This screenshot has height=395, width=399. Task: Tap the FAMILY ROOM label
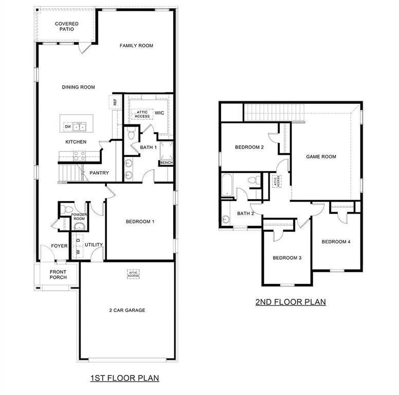(x=136, y=46)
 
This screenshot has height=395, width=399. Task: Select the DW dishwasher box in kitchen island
(x=67, y=126)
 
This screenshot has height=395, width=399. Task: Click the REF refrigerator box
(x=116, y=102)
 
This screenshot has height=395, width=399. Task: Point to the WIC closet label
(x=159, y=113)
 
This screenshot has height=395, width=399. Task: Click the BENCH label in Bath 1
(x=167, y=163)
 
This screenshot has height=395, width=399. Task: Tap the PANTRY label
(x=99, y=173)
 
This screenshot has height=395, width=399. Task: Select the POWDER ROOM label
(x=79, y=217)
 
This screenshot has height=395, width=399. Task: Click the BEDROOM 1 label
(x=140, y=222)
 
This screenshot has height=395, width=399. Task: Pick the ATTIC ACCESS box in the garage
(x=134, y=274)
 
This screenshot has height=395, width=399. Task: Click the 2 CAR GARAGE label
(x=127, y=310)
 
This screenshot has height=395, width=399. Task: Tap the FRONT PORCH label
(x=58, y=275)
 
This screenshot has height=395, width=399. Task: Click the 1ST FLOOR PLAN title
(x=124, y=378)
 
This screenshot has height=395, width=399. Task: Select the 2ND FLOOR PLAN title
(x=291, y=302)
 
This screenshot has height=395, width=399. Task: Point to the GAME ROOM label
(x=321, y=156)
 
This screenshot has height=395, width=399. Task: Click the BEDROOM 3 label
(x=286, y=258)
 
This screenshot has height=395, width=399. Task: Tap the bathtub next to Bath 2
(x=227, y=184)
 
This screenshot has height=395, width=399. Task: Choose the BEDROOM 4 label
(x=336, y=242)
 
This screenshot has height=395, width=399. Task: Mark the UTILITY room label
(x=94, y=245)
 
